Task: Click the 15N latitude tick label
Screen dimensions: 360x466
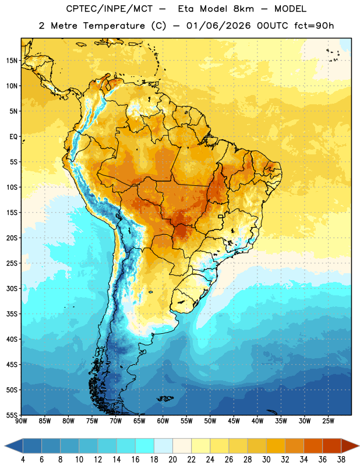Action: pyautogui.click(x=12, y=61)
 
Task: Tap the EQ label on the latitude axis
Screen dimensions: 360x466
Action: pyautogui.click(x=13, y=137)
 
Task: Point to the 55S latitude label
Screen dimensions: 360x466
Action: pyautogui.click(x=12, y=415)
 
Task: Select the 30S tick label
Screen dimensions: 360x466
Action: pyautogui.click(x=12, y=288)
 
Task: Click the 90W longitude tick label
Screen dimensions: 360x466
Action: pyautogui.click(x=21, y=421)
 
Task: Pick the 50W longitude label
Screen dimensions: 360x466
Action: pyautogui.click(x=210, y=421)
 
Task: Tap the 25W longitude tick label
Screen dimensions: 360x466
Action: pyautogui.click(x=328, y=421)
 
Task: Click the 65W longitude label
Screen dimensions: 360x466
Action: pyautogui.click(x=139, y=421)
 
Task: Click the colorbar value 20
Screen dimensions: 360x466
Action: pyautogui.click(x=172, y=460)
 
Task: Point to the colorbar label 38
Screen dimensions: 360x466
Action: pyautogui.click(x=341, y=460)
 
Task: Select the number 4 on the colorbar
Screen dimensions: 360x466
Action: pyautogui.click(x=23, y=460)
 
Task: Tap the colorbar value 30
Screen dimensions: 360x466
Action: pyautogui.click(x=266, y=460)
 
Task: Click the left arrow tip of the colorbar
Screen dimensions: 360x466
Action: pyautogui.click(x=5, y=446)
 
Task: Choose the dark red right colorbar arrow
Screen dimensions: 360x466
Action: pyautogui.click(x=351, y=446)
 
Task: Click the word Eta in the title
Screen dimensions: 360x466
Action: pyautogui.click(x=186, y=9)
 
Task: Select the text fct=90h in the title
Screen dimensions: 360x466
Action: pyautogui.click(x=314, y=26)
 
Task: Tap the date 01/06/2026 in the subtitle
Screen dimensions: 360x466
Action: pyautogui.click(x=218, y=26)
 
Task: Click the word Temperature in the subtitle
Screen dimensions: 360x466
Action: pyautogui.click(x=114, y=26)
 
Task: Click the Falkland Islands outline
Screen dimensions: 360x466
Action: pyautogui.click(x=165, y=398)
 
